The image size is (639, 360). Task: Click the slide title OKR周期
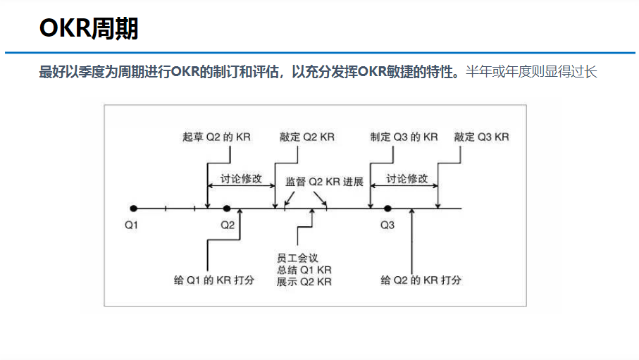tap(89, 29)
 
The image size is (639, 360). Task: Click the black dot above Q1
tap(133, 209)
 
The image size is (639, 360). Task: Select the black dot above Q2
tap(227, 209)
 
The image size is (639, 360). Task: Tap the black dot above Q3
tap(387, 209)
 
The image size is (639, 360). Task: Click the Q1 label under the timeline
tap(132, 225)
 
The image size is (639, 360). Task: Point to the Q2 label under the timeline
tap(227, 225)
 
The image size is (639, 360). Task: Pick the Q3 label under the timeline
tap(387, 225)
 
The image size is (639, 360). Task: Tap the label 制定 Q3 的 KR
tap(404, 137)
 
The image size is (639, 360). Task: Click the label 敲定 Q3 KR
tap(481, 137)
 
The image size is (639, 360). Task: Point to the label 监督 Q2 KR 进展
tap(324, 181)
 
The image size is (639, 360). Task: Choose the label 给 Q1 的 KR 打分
tap(213, 280)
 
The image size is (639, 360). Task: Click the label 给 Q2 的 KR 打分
tap(421, 280)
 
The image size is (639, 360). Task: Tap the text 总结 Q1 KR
tap(304, 270)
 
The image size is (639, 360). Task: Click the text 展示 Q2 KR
tap(304, 281)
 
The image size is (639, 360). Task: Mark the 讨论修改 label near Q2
tap(241, 178)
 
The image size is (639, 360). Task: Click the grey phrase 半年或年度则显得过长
tap(531, 72)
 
